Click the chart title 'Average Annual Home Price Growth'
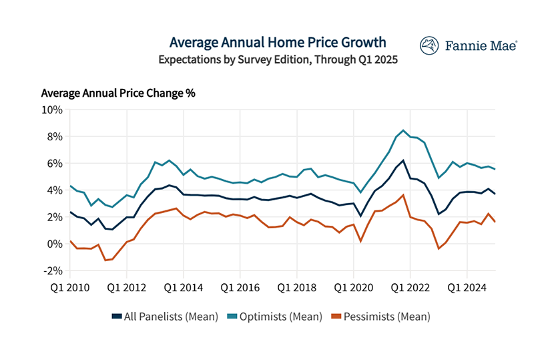[278, 42]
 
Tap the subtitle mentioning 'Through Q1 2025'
[278, 59]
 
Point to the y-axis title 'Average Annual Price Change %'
[118, 93]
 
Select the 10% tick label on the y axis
[52, 110]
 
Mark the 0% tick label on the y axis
[55, 244]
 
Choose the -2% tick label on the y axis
[53, 271]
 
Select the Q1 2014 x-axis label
[183, 289]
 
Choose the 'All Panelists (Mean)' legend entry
[166, 317]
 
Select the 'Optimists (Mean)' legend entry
[276, 317]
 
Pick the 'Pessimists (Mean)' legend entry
[380, 317]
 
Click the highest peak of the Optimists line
[403, 130]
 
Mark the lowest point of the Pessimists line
[105, 260]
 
